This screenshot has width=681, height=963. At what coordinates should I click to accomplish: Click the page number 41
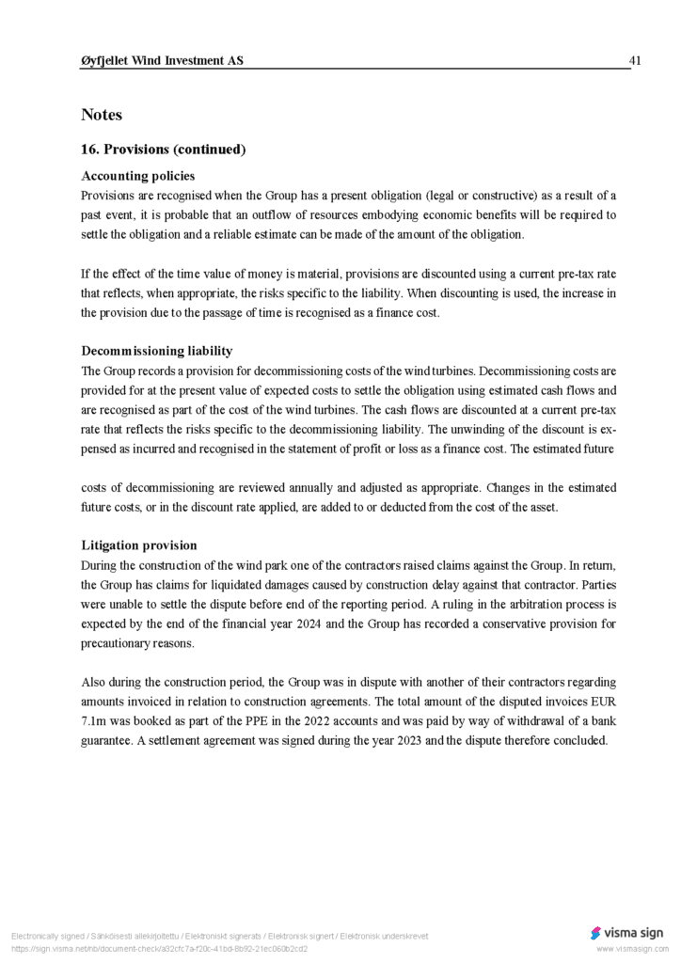click(635, 61)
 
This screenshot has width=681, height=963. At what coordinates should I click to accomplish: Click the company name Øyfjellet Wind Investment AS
click(162, 61)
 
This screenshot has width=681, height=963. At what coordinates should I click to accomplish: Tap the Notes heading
click(102, 115)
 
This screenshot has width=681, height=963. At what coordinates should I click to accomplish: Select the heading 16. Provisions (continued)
click(163, 150)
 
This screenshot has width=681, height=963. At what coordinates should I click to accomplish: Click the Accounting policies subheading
click(137, 176)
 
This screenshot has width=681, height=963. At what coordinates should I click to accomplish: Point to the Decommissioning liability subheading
click(156, 351)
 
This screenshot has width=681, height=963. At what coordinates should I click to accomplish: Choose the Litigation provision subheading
click(139, 545)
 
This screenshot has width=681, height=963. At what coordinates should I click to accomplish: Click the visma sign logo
click(626, 933)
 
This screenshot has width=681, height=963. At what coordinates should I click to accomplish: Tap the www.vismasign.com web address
click(631, 949)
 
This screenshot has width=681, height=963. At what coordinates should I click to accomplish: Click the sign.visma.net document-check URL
click(159, 949)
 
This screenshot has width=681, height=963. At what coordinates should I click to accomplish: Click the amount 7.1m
click(96, 720)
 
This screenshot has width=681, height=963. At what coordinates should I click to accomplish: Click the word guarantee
click(109, 740)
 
